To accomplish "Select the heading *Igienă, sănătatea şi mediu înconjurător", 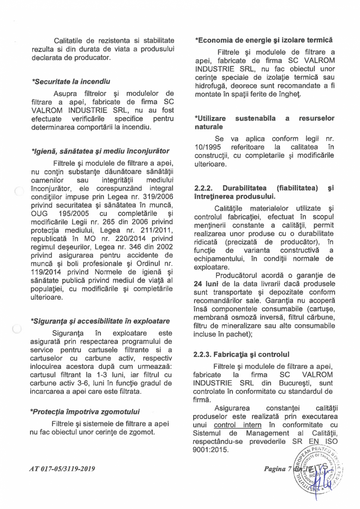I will point(100,151).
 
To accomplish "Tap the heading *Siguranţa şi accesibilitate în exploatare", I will point(100,321).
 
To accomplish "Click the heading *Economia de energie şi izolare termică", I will point(264,40).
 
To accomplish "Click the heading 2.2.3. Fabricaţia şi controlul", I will point(241,355).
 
